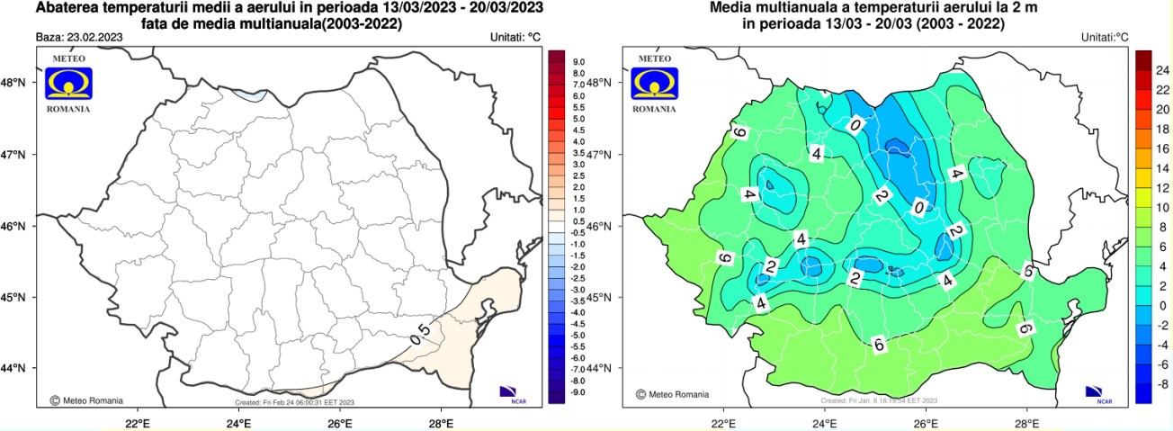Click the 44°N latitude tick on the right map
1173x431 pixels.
pyautogui.click(x=604, y=368)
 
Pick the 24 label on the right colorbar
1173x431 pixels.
pyautogui.click(x=1160, y=69)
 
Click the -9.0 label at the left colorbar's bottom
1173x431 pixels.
pyautogui.click(x=578, y=392)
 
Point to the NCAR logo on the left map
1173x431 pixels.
pyautogui.click(x=510, y=392)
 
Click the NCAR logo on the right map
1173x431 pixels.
pyautogui.click(x=1097, y=392)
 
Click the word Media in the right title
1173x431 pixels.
pyautogui.click(x=731, y=9)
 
